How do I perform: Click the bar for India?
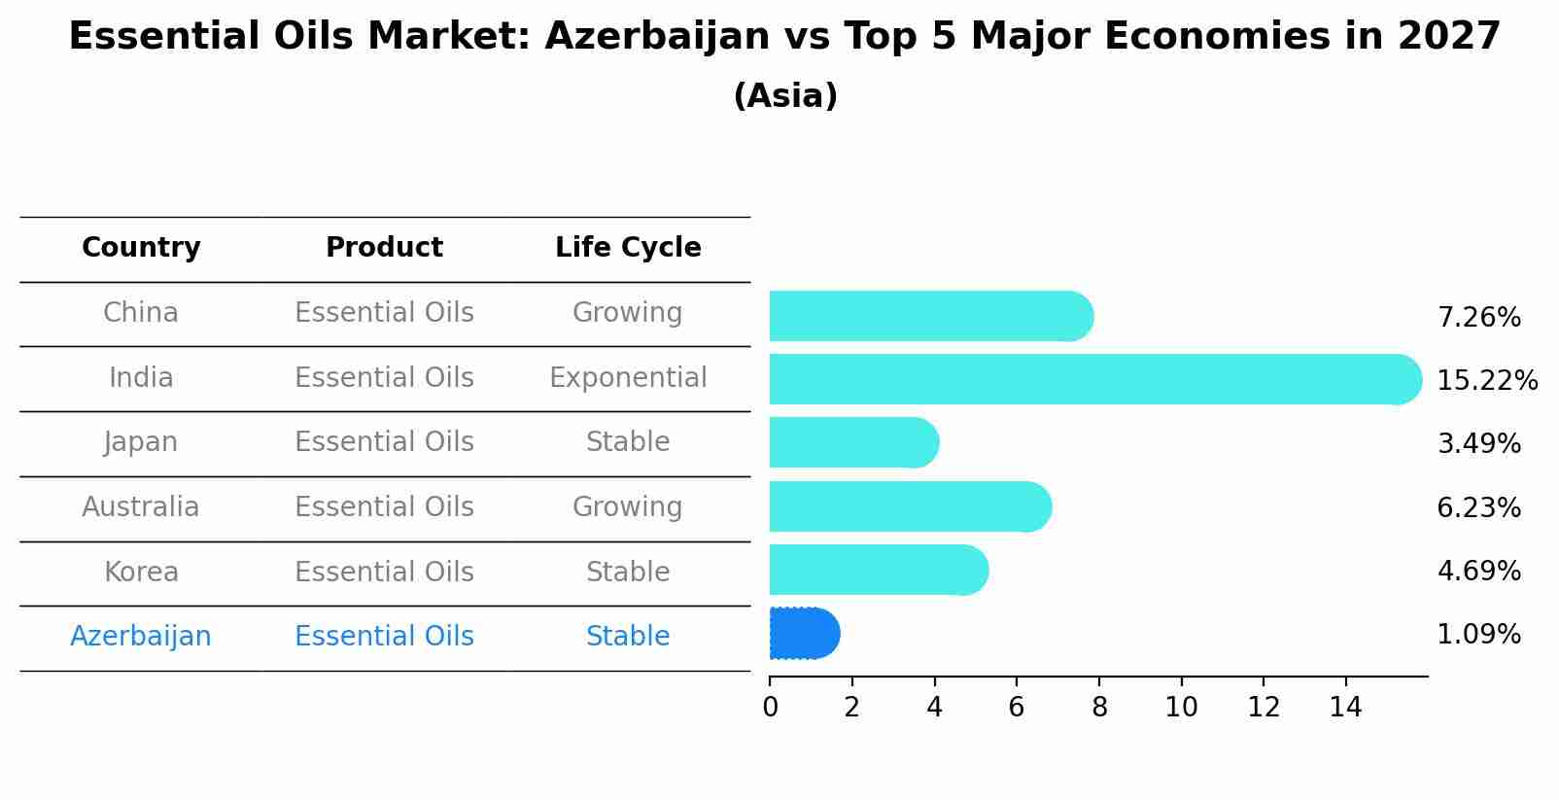(x=1095, y=379)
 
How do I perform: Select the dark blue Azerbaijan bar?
(x=805, y=633)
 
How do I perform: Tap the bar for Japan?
(x=854, y=443)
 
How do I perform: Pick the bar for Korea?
(x=879, y=570)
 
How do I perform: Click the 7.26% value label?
(x=1479, y=318)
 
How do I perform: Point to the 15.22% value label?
(x=1487, y=380)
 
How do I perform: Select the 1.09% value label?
(x=1479, y=635)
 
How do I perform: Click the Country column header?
(x=141, y=247)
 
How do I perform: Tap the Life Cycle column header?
(x=628, y=247)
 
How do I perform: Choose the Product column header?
(x=384, y=247)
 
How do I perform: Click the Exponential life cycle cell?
(x=628, y=378)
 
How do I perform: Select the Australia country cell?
(x=141, y=506)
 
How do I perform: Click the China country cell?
(x=141, y=313)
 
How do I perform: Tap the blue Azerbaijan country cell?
(x=141, y=637)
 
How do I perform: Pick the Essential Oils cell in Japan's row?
(x=384, y=442)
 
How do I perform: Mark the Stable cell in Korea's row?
(x=628, y=572)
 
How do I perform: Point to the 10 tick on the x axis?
(x=1181, y=708)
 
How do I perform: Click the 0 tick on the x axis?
(x=771, y=708)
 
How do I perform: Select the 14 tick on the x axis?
(x=1345, y=708)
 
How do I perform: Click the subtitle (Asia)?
(x=785, y=95)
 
